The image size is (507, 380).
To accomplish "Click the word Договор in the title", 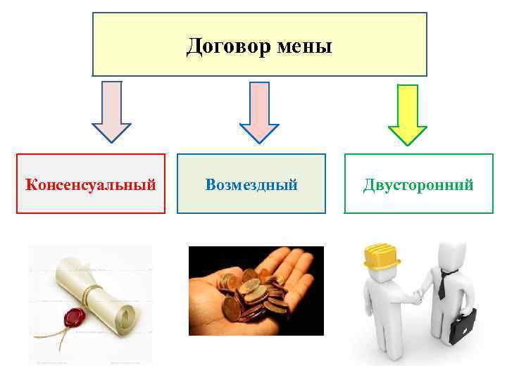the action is [221, 47].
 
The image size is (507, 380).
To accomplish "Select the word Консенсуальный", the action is [90, 185].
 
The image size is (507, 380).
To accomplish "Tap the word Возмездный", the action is [251, 185].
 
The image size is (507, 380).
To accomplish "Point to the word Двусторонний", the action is [418, 185].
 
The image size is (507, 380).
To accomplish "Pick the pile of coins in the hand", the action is [250, 292].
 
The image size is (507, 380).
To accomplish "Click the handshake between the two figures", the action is [416, 296].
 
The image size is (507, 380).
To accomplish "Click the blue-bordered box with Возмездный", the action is [251, 201].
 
